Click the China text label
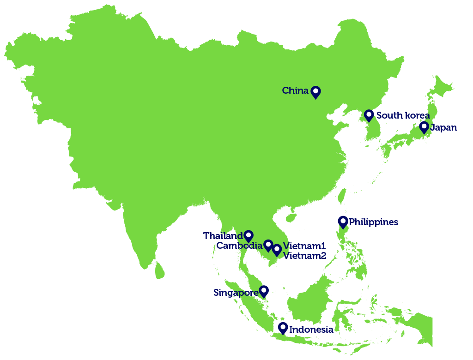[295, 90]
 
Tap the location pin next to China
[315, 92]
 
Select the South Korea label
[403, 115]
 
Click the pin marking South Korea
[369, 115]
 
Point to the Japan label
[444, 127]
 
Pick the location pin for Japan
[424, 127]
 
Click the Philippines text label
[373, 222]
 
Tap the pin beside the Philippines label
[343, 222]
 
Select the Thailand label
[223, 236]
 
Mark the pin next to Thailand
[249, 236]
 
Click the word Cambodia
[239, 246]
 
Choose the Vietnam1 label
[304, 246]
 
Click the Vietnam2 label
[304, 255]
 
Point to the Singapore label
[236, 293]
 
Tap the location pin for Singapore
[264, 291]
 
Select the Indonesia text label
[311, 330]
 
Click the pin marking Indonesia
[283, 328]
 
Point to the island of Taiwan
[341, 196]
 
